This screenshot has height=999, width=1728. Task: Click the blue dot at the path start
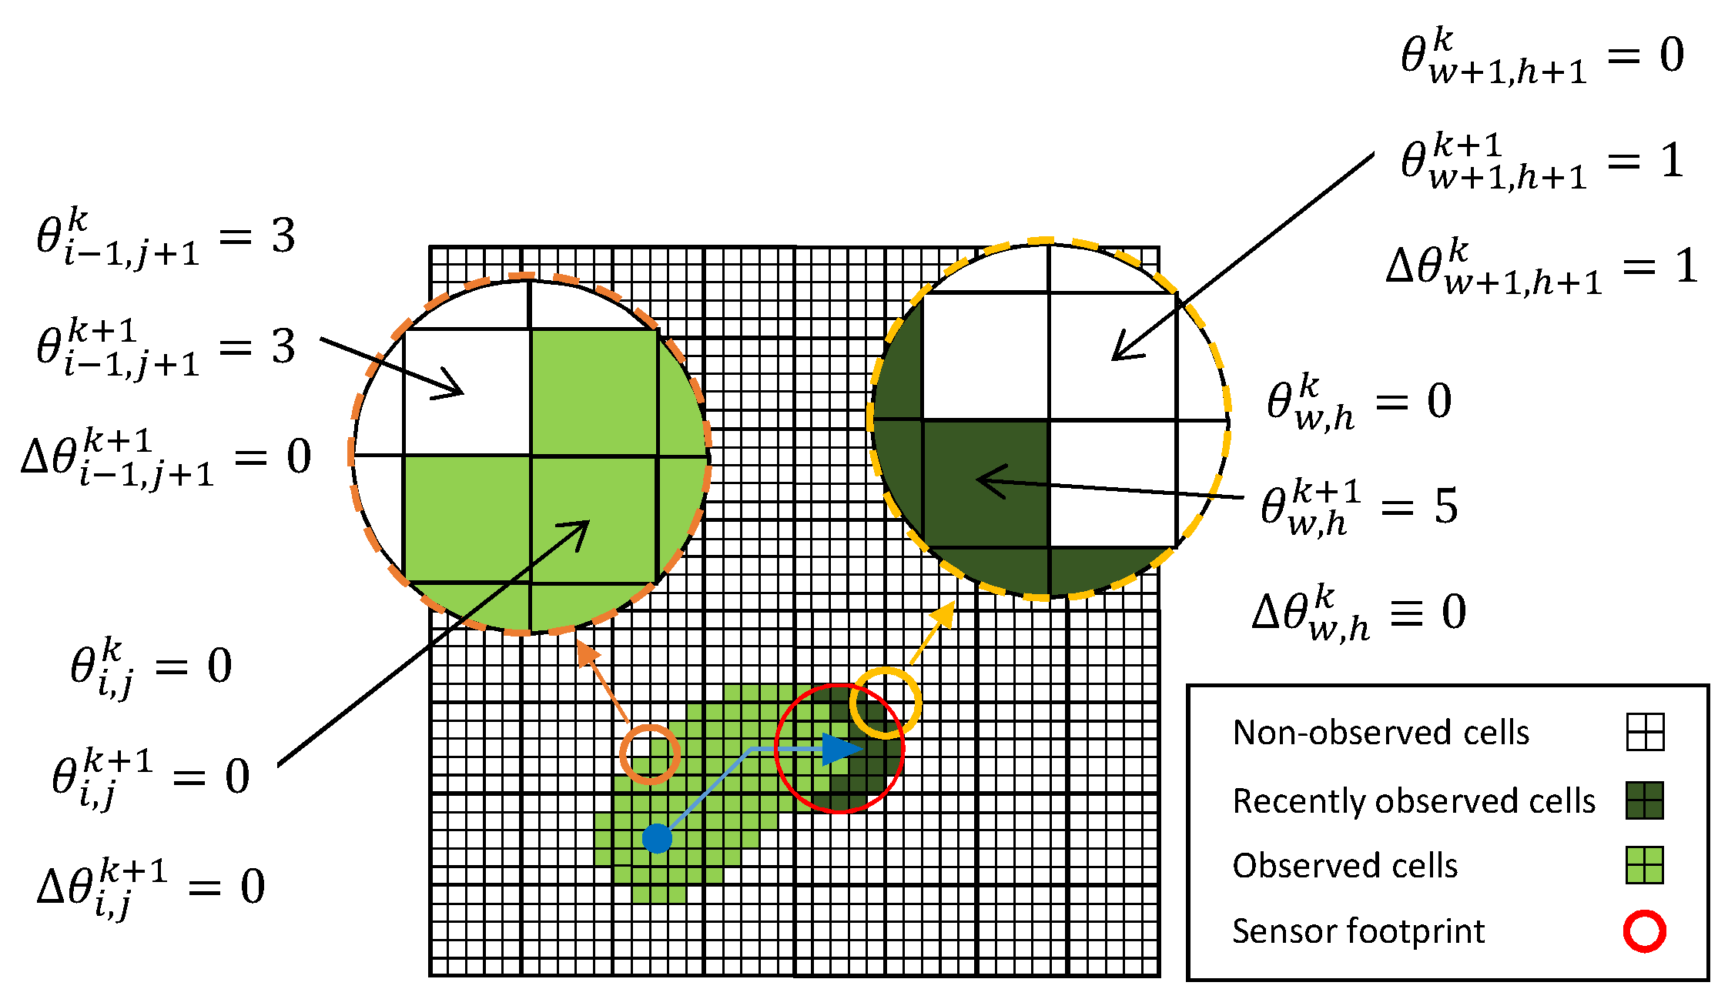click(x=657, y=837)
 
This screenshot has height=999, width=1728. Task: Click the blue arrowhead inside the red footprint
click(x=841, y=749)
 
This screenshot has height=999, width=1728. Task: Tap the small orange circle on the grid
click(x=650, y=754)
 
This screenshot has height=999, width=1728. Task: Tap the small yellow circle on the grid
click(x=886, y=703)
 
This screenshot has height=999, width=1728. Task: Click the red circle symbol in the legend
click(x=1644, y=931)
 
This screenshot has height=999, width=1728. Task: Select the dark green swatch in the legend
click(x=1644, y=800)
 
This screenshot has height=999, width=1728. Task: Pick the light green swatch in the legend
click(x=1644, y=865)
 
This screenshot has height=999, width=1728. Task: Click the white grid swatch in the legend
click(x=1645, y=732)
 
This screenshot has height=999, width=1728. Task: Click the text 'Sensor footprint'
click(x=1358, y=931)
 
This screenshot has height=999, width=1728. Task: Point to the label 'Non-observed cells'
click(x=1381, y=733)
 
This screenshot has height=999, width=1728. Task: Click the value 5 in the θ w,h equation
click(x=1445, y=506)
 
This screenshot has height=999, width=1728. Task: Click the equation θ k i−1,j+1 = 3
click(x=166, y=237)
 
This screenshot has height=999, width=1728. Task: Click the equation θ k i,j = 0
click(x=151, y=667)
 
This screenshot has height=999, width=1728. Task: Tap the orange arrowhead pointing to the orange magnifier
click(x=586, y=652)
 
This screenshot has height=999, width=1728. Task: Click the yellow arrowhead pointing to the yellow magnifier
click(x=946, y=613)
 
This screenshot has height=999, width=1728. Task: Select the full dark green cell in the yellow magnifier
click(x=986, y=484)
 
